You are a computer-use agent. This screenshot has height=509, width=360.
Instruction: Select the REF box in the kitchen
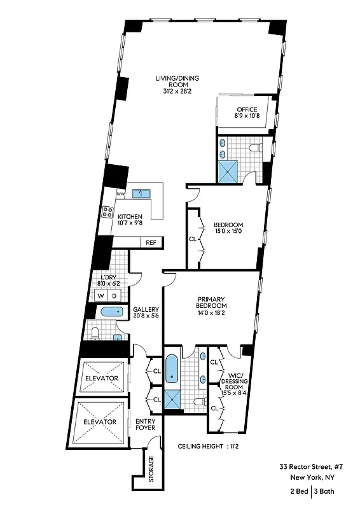tap(151, 242)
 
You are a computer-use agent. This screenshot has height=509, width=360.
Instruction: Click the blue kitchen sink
tap(141, 193)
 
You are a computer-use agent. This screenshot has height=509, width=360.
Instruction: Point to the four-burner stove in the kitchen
tap(107, 213)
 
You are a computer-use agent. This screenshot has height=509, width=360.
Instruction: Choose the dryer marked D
tap(114, 296)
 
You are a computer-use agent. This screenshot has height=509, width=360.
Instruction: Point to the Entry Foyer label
tap(146, 425)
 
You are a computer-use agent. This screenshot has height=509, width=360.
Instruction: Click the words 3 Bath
tap(326, 491)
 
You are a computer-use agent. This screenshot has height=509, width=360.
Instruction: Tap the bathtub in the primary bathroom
tap(172, 370)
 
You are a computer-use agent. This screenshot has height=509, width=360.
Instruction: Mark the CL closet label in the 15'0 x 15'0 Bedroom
tap(193, 240)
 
